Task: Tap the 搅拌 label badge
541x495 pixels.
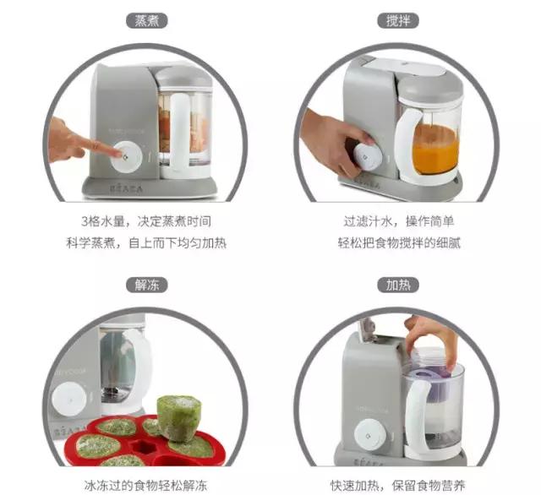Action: click(x=397, y=20)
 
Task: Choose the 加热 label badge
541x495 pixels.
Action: click(x=397, y=285)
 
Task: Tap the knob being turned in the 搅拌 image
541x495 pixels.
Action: click(x=364, y=155)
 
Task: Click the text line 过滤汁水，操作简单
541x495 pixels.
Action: click(x=396, y=222)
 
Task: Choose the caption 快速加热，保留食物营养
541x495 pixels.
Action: click(x=396, y=485)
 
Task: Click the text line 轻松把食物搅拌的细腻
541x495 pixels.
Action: click(x=396, y=243)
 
